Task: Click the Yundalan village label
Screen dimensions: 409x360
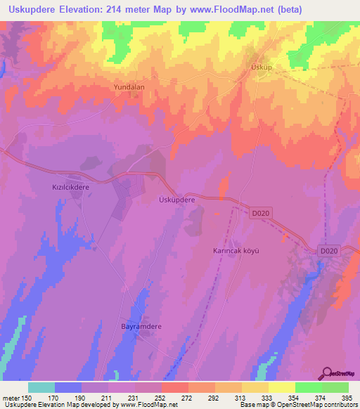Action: (x=129, y=87)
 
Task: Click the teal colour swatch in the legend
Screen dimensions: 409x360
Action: (x=41, y=387)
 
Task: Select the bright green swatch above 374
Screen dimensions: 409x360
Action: (x=308, y=387)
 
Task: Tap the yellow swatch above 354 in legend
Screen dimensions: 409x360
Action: (x=281, y=387)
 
